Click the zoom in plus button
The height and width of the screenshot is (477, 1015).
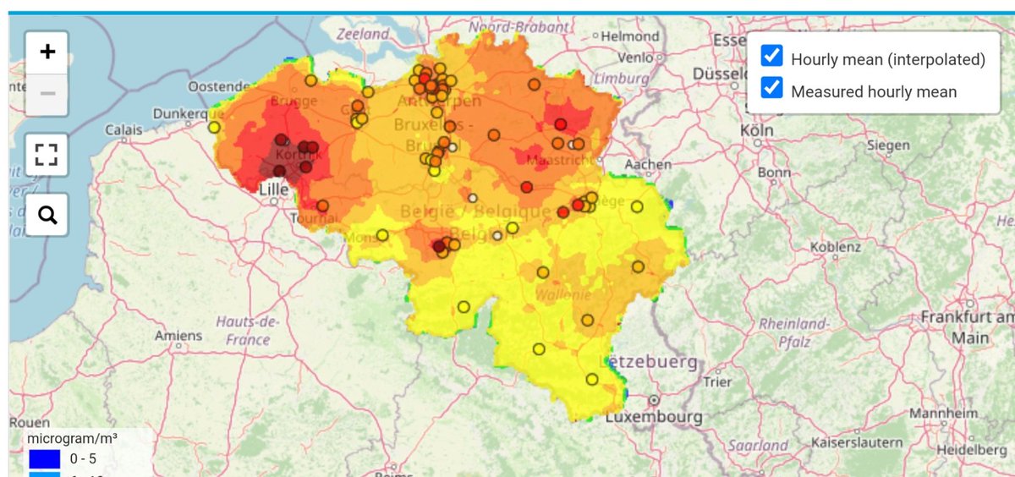(x=47, y=52)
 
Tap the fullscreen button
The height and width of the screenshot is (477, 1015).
(x=47, y=155)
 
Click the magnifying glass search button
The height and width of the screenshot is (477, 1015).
(x=47, y=216)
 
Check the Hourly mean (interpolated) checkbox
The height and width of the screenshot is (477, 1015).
(x=771, y=57)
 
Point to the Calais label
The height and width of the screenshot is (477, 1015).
(x=123, y=130)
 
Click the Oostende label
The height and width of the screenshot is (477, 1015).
(x=218, y=86)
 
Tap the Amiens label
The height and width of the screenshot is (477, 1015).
(x=178, y=336)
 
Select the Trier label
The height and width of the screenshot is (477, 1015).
(x=717, y=381)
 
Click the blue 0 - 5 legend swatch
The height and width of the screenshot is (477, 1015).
(x=44, y=458)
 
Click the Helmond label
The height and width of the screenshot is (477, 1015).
(x=629, y=36)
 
